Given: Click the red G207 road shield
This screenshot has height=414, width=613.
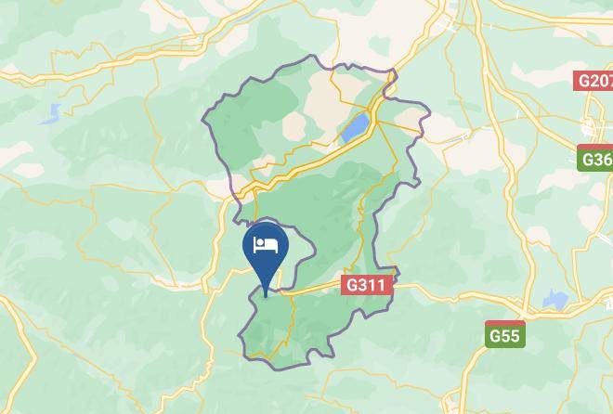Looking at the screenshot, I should coord(594,81).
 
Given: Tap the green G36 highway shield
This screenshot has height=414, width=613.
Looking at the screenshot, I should coord(595,160).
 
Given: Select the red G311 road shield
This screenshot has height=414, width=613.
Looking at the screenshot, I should coord(369,284).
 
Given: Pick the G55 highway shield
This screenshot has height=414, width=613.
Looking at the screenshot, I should coord(505,335).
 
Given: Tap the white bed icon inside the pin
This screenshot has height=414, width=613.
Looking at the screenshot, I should coord(266,245).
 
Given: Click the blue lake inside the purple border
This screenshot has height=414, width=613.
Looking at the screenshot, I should coord(355,127).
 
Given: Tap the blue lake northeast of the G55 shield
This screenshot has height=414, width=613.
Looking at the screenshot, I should coord(554,300).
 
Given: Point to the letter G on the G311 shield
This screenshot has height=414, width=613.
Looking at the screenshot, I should coord(352,284).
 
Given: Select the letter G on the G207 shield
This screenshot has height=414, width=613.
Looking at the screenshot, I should coord(583,81).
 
